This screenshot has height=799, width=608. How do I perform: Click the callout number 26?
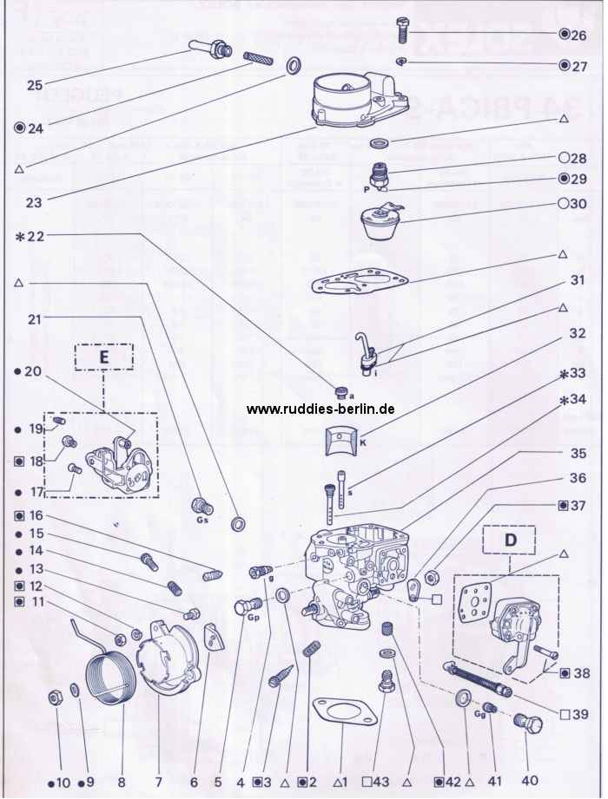[579, 36]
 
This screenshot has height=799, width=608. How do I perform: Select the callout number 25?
[35, 84]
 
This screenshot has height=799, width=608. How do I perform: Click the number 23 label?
[34, 204]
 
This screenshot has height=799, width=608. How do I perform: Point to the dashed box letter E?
[103, 356]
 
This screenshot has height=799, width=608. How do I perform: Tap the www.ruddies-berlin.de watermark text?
[321, 409]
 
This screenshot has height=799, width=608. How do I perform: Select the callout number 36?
[578, 478]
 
